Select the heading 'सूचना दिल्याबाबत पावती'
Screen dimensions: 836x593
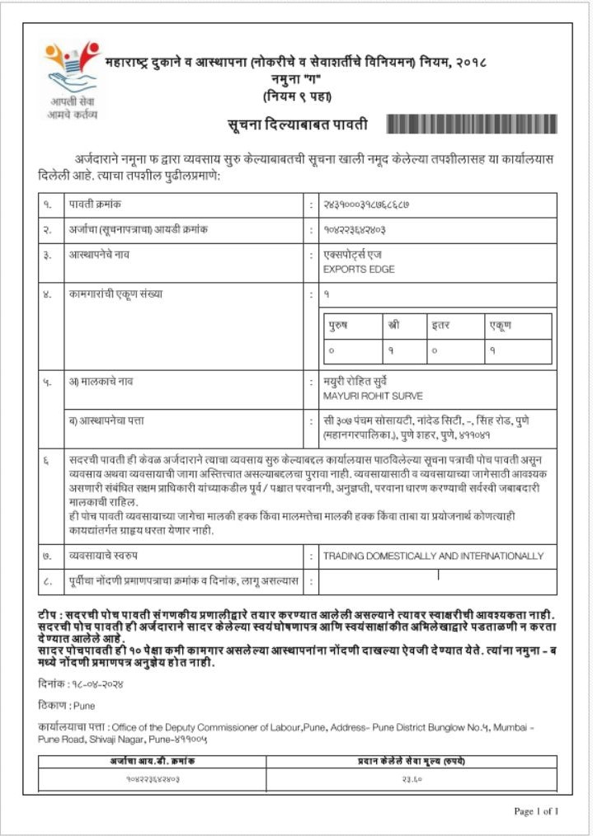[297, 125]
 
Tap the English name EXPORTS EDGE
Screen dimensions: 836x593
[359, 270]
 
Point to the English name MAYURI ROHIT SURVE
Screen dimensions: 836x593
[373, 397]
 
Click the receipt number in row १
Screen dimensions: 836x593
[367, 204]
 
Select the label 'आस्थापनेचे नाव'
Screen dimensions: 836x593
[100, 255]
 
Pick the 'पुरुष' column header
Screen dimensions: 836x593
[338, 325]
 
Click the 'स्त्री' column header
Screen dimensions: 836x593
[393, 325]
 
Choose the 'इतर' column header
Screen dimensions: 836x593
[440, 325]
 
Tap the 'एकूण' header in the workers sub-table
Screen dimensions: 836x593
[500, 325]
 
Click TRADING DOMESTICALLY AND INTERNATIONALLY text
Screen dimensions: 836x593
[433, 556]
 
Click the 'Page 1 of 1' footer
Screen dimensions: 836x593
[536, 811]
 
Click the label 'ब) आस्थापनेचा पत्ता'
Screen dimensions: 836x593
[107, 421]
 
